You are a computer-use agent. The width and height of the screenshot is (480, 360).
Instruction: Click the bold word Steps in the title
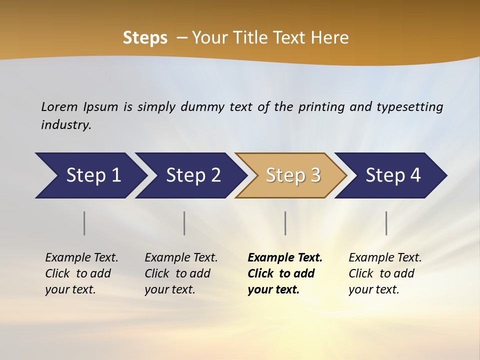145,38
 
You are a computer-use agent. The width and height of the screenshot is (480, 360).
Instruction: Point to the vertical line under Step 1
84,223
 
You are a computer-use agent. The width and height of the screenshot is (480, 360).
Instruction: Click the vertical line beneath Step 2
184,223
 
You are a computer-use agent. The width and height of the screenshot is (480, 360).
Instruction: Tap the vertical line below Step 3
285,223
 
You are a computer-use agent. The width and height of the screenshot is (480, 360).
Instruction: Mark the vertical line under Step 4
386,223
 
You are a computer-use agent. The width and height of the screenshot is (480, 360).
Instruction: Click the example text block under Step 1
81,273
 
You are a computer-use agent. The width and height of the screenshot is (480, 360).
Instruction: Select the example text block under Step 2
181,273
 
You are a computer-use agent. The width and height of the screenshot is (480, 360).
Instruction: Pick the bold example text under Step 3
285,273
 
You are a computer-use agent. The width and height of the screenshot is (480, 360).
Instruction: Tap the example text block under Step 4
385,273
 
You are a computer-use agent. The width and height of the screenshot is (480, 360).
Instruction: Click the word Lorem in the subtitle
59,106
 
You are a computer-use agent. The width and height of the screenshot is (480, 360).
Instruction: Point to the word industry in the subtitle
66,125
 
